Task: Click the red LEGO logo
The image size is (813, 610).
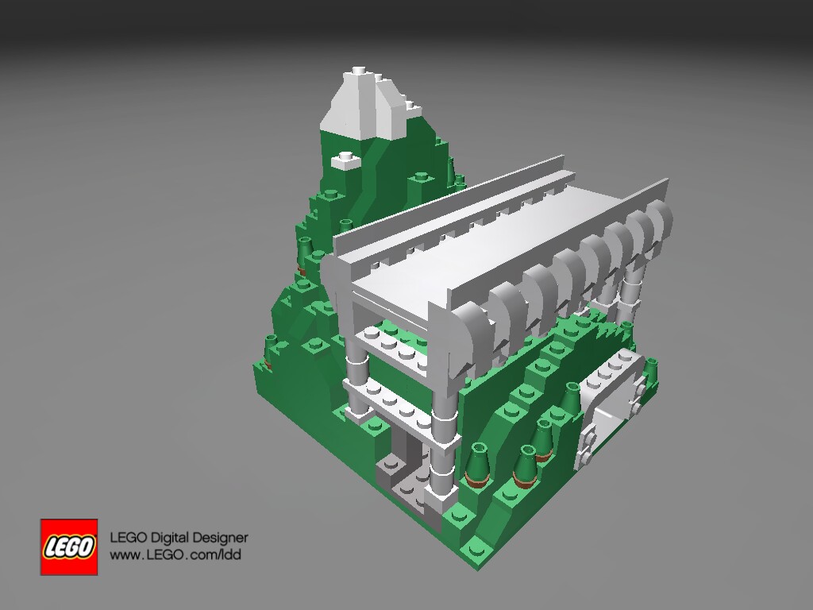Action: [69, 546]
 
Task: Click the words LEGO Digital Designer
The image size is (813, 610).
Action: [179, 538]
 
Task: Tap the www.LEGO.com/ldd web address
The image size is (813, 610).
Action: [175, 554]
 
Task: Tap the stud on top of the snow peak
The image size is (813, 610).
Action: [359, 70]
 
